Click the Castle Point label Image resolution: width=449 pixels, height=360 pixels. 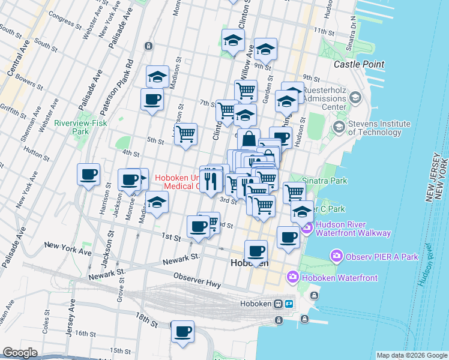[x=359, y=64]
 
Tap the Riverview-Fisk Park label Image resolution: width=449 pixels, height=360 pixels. [x=72, y=127]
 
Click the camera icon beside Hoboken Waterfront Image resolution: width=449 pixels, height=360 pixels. [x=293, y=277]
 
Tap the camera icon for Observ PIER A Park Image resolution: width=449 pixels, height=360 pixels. [x=336, y=257]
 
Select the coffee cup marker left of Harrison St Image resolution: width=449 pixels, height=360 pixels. [x=89, y=175]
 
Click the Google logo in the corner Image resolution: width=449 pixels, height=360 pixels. [x=20, y=353]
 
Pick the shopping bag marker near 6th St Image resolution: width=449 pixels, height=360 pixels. [x=249, y=140]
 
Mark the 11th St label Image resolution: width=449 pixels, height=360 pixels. [x=323, y=31]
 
